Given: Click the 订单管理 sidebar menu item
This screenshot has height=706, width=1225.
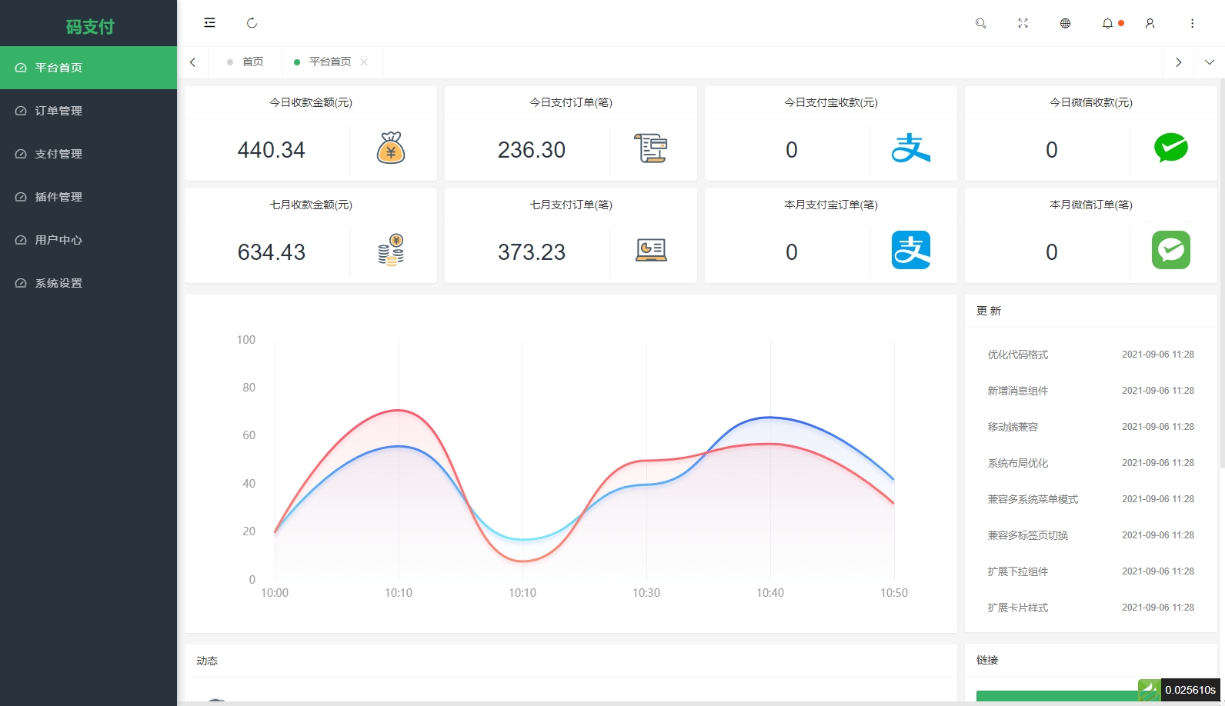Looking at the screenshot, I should (x=58, y=111).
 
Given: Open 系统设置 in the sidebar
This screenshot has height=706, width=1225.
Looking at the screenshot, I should (x=58, y=283).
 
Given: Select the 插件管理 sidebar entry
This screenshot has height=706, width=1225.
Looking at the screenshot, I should (x=58, y=197).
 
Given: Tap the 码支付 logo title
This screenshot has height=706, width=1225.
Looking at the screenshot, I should (x=89, y=27).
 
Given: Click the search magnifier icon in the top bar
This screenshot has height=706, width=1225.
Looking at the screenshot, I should (x=980, y=23).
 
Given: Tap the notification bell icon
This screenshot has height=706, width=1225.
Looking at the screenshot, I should (x=1107, y=23).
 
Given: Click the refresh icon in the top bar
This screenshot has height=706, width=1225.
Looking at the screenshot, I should (x=252, y=23).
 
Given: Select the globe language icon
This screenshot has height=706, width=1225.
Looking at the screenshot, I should (x=1065, y=23).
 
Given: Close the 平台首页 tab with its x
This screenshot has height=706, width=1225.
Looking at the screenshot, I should (x=364, y=62).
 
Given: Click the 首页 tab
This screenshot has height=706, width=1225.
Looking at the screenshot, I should (x=252, y=62).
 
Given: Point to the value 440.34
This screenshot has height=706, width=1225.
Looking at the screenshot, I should (x=271, y=150).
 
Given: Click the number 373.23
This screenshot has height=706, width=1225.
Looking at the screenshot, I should (x=531, y=252).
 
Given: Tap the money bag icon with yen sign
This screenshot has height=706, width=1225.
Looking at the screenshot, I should (x=391, y=148).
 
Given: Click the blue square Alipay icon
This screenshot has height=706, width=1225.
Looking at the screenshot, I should (x=910, y=250).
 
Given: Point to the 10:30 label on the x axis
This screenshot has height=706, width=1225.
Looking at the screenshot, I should (x=646, y=593).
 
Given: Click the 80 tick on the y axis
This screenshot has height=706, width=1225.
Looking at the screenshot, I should (x=249, y=388).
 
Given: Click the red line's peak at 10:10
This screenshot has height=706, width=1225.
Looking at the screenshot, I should (x=398, y=410).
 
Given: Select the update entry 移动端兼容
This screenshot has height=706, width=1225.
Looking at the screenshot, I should (x=1013, y=427).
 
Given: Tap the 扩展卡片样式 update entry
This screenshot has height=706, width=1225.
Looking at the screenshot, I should (x=1017, y=608).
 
